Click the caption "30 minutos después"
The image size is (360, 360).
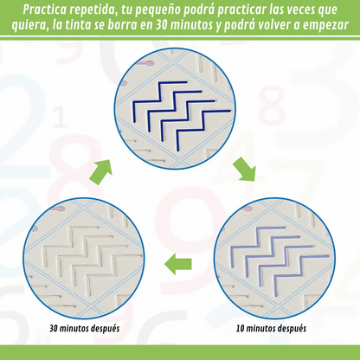[x=84, y=328]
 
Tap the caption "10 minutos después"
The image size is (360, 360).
[x=271, y=328]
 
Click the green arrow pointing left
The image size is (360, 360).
[x=178, y=264]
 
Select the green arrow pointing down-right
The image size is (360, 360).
[x=245, y=170]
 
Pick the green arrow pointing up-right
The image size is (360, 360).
[x=100, y=172]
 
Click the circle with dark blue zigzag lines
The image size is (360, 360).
[x=175, y=108]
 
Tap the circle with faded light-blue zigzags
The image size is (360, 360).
[x=274, y=258]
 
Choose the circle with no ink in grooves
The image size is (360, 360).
[x=84, y=258]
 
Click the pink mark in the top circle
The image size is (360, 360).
[x=145, y=62]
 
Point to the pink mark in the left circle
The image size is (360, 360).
[x=56, y=208]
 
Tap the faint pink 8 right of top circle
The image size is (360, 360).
[x=272, y=105]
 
